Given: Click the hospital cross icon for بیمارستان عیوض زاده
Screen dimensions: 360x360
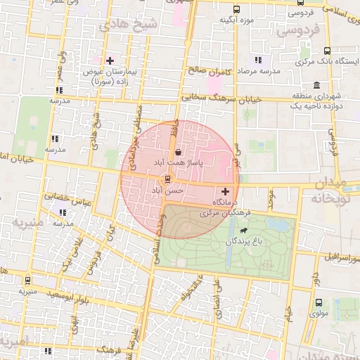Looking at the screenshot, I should (109, 61).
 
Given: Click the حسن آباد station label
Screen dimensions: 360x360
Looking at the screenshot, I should (168, 191).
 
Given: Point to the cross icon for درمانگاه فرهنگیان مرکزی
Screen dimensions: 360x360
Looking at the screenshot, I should (225, 191).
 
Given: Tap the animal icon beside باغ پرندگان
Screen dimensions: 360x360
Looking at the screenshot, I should (243, 230).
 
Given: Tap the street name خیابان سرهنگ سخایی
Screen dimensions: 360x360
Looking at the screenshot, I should (221, 99).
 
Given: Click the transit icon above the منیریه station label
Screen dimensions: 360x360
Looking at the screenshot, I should (27, 280).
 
